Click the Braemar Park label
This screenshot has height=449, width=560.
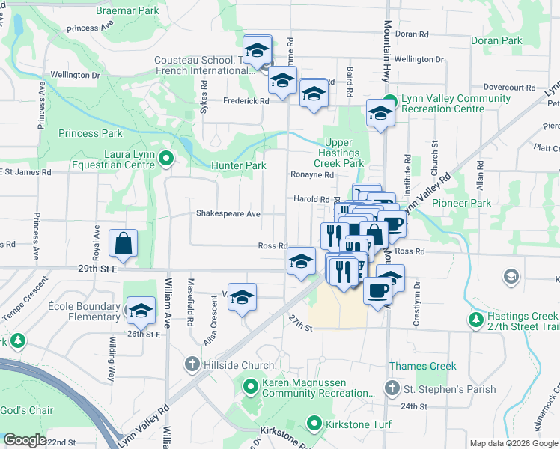pyautogui.click(x=128, y=11)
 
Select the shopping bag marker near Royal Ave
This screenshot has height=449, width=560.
pyautogui.click(x=122, y=243)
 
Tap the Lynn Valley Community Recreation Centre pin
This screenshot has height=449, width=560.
pyautogui.click(x=389, y=100)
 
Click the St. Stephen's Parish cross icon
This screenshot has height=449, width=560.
pyautogui.click(x=392, y=388)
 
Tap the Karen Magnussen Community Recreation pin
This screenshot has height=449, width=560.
pyautogui.click(x=251, y=387)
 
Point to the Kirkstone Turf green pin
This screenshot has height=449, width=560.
pyautogui.click(x=314, y=424)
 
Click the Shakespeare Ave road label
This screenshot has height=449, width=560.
pyautogui.click(x=228, y=213)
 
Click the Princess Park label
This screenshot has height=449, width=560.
pyautogui.click(x=90, y=133)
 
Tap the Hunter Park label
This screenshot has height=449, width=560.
pyautogui.click(x=237, y=165)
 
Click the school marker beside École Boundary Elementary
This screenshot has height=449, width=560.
pyautogui.click(x=140, y=310)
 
